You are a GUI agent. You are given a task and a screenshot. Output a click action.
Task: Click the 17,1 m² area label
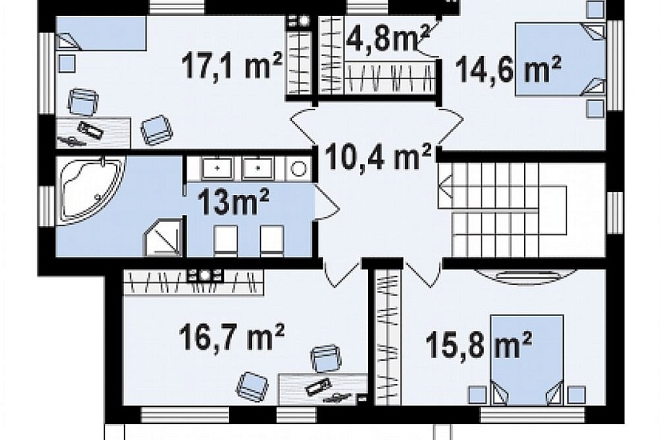[x=232, y=66]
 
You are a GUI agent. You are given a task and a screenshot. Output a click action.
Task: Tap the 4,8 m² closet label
[x=388, y=37]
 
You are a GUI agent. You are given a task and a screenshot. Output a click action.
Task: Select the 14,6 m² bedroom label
[x=508, y=70]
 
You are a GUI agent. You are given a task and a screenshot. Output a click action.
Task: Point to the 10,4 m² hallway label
[x=379, y=156]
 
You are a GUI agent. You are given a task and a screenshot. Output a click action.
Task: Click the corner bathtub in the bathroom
[x=91, y=190]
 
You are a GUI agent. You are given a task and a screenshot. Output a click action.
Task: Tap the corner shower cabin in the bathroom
[x=163, y=238]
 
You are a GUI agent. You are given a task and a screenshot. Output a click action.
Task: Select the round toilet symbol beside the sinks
[x=298, y=169]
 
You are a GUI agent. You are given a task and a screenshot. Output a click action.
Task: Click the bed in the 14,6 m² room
[x=560, y=59]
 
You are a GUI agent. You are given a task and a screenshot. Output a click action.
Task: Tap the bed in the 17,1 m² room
[x=101, y=34]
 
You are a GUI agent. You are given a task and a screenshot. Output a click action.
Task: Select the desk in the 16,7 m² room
[x=322, y=390]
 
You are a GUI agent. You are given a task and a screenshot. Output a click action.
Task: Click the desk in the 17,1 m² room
[x=94, y=133]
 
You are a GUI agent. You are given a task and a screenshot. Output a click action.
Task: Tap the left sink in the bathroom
[x=217, y=169]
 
